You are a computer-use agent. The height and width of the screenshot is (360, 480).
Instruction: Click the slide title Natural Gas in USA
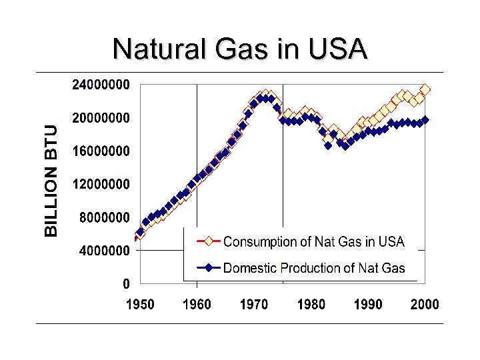click(x=240, y=49)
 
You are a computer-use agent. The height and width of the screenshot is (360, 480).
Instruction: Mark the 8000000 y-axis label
click(x=105, y=217)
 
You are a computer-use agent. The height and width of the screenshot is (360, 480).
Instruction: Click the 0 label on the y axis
click(x=126, y=284)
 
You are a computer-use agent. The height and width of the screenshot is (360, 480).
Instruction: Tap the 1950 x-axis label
click(x=140, y=305)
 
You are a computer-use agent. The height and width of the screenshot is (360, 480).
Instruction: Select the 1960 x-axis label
click(x=197, y=305)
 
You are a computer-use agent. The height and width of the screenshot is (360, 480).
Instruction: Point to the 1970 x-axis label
click(x=253, y=305)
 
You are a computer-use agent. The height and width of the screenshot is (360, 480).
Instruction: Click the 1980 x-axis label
click(x=311, y=305)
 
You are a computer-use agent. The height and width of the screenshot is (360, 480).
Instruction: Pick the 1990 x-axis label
click(x=368, y=305)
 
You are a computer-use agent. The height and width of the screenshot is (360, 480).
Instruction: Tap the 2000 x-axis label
click(x=425, y=305)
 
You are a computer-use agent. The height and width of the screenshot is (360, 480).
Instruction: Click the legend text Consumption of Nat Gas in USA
click(x=313, y=242)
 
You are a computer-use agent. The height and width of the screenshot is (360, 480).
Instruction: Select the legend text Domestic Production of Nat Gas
click(x=313, y=268)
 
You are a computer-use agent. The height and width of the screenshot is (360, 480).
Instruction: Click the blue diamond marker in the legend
click(x=208, y=268)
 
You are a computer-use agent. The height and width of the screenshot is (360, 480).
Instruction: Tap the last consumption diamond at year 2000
click(x=425, y=89)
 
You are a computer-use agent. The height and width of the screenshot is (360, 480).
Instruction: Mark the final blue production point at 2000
click(x=425, y=120)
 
